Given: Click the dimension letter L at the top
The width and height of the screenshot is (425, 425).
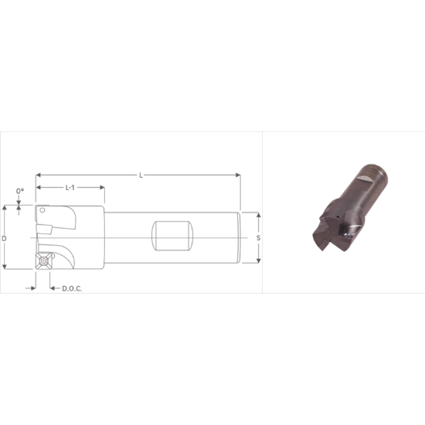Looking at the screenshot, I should (141, 175).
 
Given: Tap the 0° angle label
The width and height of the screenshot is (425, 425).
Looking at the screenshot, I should (20, 191).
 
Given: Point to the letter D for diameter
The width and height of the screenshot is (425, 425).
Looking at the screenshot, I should (5, 238).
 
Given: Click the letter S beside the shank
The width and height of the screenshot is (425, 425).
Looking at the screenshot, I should (257, 238).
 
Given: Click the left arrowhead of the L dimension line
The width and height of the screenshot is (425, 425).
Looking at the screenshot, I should (39, 175).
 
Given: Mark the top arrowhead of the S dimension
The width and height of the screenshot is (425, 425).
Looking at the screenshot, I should (257, 214).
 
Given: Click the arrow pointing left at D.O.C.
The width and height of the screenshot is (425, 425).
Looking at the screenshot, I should (53, 288).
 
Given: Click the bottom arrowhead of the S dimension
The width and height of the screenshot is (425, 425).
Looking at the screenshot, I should (257, 260).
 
